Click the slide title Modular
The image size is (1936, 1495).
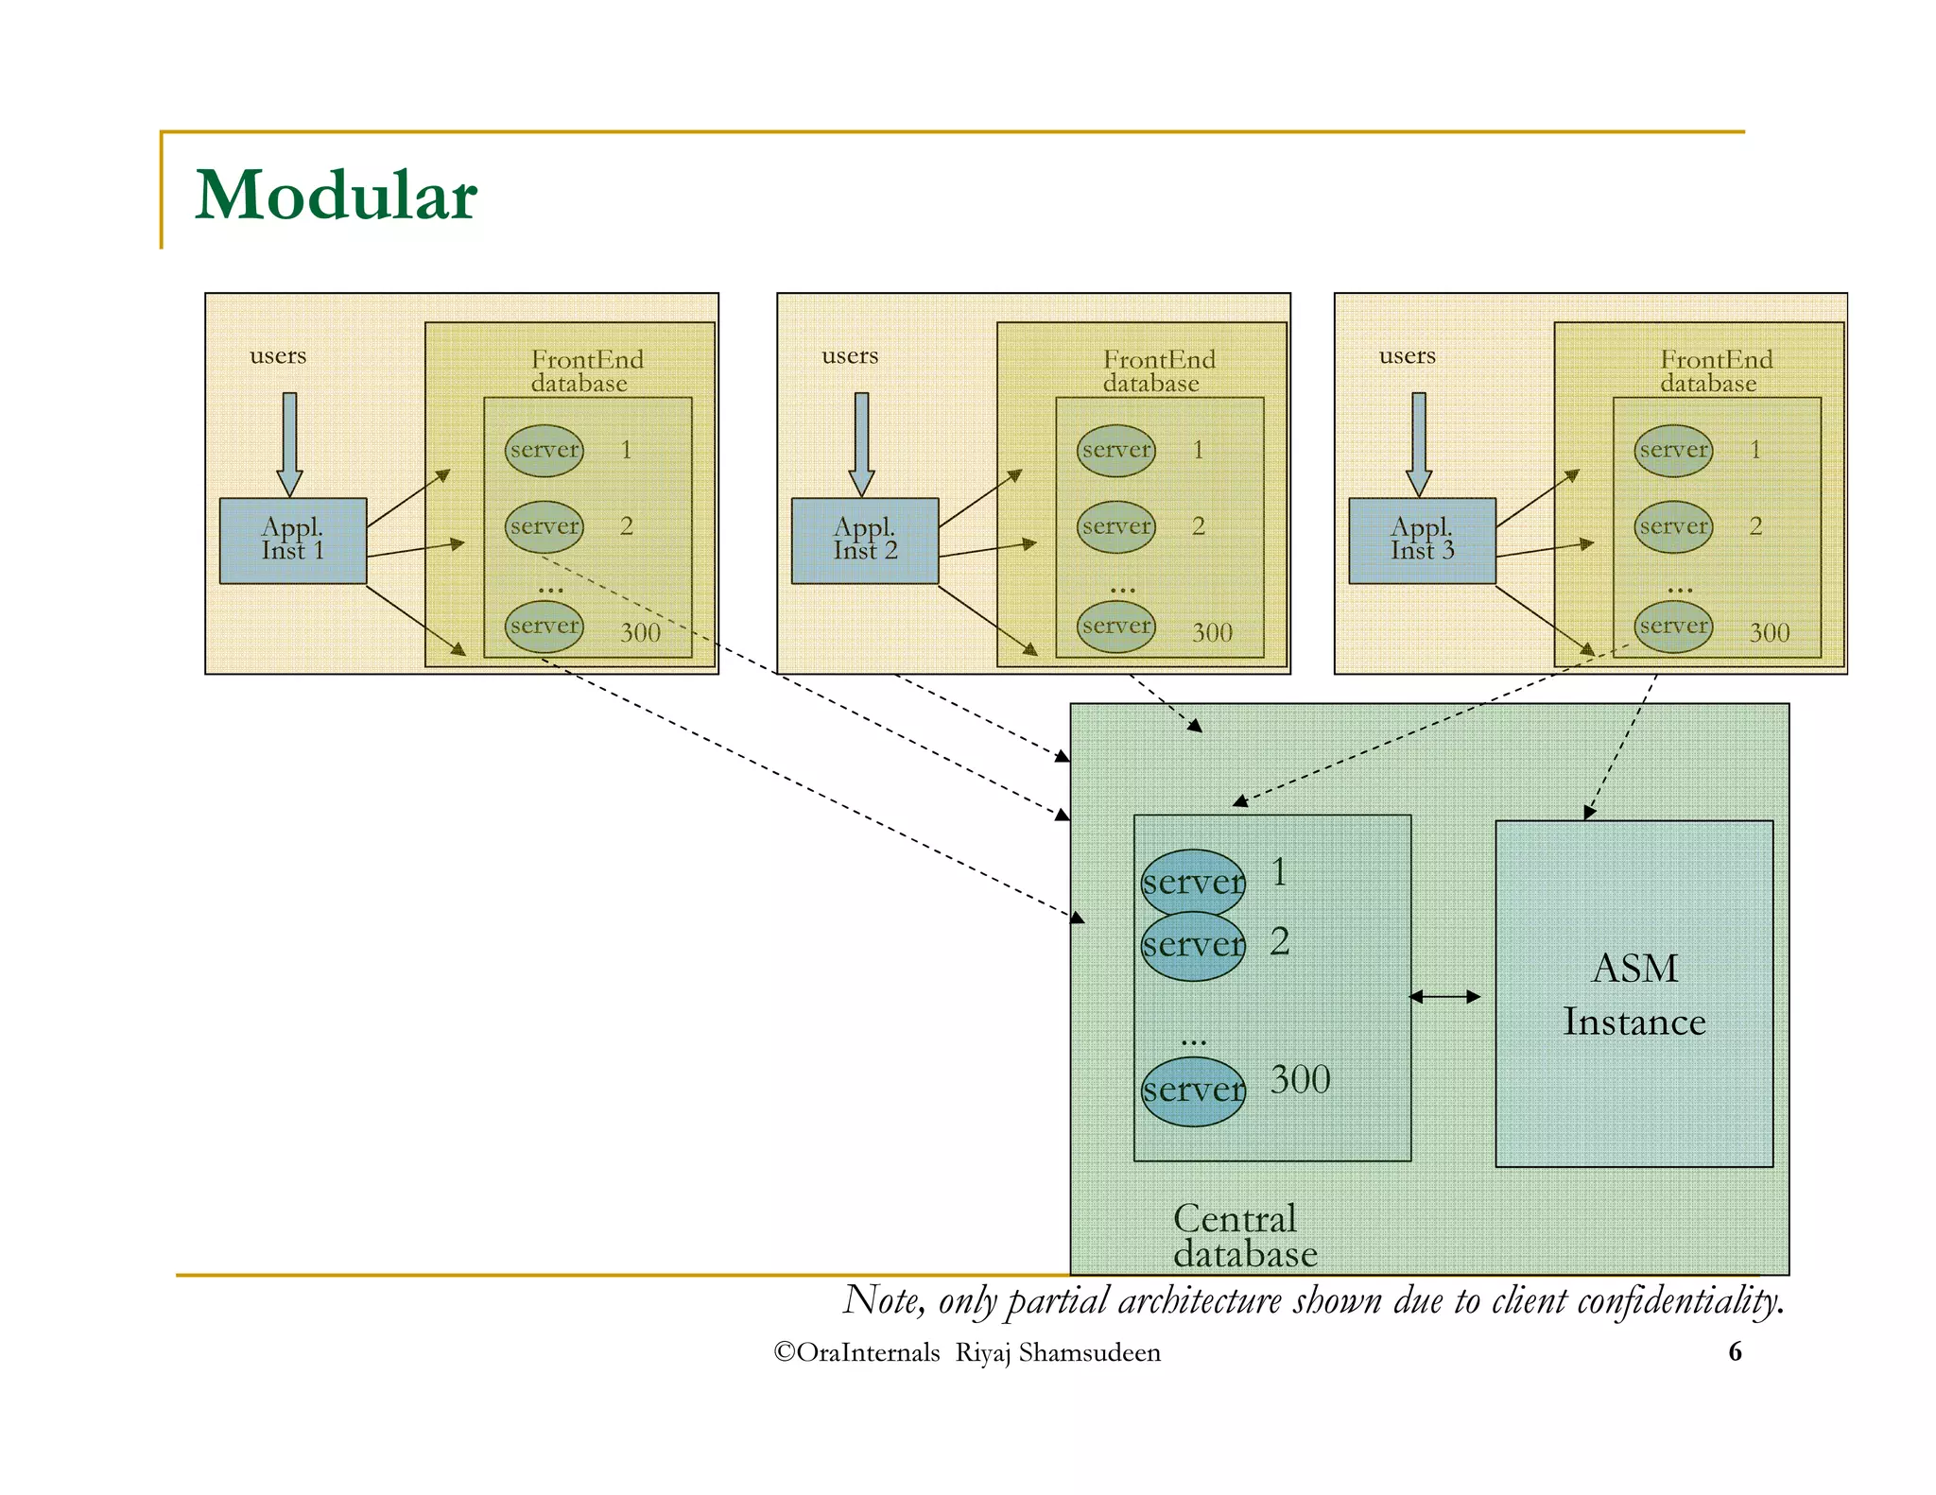coord(336,196)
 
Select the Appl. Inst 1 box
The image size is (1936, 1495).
coord(292,541)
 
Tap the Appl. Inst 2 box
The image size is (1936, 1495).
coord(864,541)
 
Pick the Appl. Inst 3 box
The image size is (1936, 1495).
coord(1422,541)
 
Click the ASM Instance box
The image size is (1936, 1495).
coord(1633,994)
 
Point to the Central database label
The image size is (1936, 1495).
coord(1243,1236)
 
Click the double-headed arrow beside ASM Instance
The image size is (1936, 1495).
coord(1444,996)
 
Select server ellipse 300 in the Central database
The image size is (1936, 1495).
coord(1193,1091)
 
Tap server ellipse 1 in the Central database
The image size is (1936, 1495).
coord(1193,882)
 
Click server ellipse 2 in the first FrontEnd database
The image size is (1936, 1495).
coord(544,526)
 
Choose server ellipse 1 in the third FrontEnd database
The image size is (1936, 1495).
coord(1673,450)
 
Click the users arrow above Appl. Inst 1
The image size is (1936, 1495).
coord(289,442)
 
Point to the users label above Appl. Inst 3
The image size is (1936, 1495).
coord(1407,356)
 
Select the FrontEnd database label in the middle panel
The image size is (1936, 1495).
coord(1157,370)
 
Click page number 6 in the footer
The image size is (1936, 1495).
coord(1735,1351)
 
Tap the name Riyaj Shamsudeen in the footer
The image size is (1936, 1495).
coord(1058,1352)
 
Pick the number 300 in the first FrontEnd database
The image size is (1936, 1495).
coord(640,632)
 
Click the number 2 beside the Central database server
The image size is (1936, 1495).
coord(1279,941)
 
